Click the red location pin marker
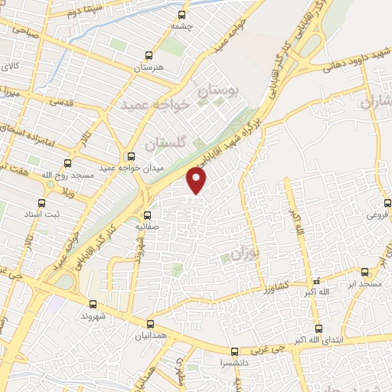pyautogui.click(x=198, y=181)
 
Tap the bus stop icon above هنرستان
pyautogui.click(x=149, y=55)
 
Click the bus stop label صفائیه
pyautogui.click(x=146, y=227)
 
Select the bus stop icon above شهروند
pyautogui.click(x=93, y=304)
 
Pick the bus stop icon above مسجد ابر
pyautogui.click(x=364, y=272)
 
